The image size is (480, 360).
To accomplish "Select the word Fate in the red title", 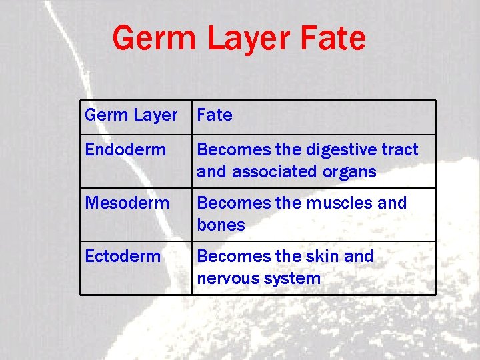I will click(333, 38).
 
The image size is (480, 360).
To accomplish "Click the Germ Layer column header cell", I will click(131, 115).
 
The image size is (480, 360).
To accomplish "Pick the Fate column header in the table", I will click(215, 115).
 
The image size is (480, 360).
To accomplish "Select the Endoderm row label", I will click(125, 149).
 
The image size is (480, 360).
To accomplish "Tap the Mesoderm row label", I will click(127, 203).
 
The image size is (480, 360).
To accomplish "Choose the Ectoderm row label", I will click(123, 256).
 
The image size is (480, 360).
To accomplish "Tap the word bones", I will click(221, 225).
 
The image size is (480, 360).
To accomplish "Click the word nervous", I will click(227, 278).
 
